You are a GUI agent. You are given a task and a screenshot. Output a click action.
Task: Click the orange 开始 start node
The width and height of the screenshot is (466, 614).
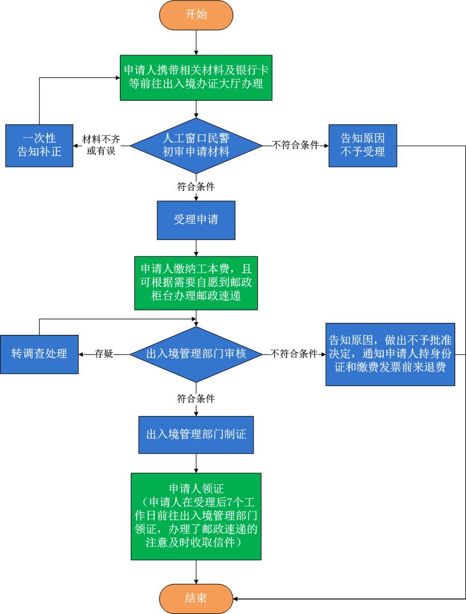pyautogui.click(x=196, y=15)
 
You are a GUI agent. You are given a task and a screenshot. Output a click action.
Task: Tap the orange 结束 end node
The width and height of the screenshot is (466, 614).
pyautogui.click(x=196, y=598)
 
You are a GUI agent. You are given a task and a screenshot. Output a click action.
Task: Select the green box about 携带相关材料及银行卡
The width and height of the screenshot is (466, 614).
pyautogui.click(x=196, y=77)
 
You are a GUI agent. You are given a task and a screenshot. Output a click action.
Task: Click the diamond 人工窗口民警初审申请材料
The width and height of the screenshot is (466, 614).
pyautogui.click(x=196, y=145)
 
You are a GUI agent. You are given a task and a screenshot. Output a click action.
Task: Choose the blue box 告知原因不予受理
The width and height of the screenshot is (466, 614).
pyautogui.click(x=362, y=145)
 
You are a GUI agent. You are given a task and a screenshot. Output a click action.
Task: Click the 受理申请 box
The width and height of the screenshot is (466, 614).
pyautogui.click(x=196, y=220)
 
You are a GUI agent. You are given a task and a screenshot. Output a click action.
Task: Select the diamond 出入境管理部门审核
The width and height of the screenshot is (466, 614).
pyautogui.click(x=196, y=354)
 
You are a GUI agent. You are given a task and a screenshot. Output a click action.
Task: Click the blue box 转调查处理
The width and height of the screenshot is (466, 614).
pyautogui.click(x=39, y=354)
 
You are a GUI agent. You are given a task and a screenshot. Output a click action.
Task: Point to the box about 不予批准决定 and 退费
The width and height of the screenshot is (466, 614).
pyautogui.click(x=390, y=354)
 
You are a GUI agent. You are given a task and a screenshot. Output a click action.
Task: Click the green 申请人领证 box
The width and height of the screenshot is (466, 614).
pyautogui.click(x=196, y=516)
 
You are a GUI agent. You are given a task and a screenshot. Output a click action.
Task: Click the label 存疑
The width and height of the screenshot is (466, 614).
pyautogui.click(x=104, y=354)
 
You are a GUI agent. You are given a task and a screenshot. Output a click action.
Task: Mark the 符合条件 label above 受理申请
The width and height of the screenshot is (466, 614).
pyautogui.click(x=196, y=187)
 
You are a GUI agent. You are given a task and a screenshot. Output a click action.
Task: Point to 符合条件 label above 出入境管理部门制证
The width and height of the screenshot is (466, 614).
pyautogui.click(x=196, y=399)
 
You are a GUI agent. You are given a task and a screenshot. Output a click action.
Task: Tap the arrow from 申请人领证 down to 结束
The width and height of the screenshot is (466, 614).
pyautogui.click(x=196, y=572)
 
